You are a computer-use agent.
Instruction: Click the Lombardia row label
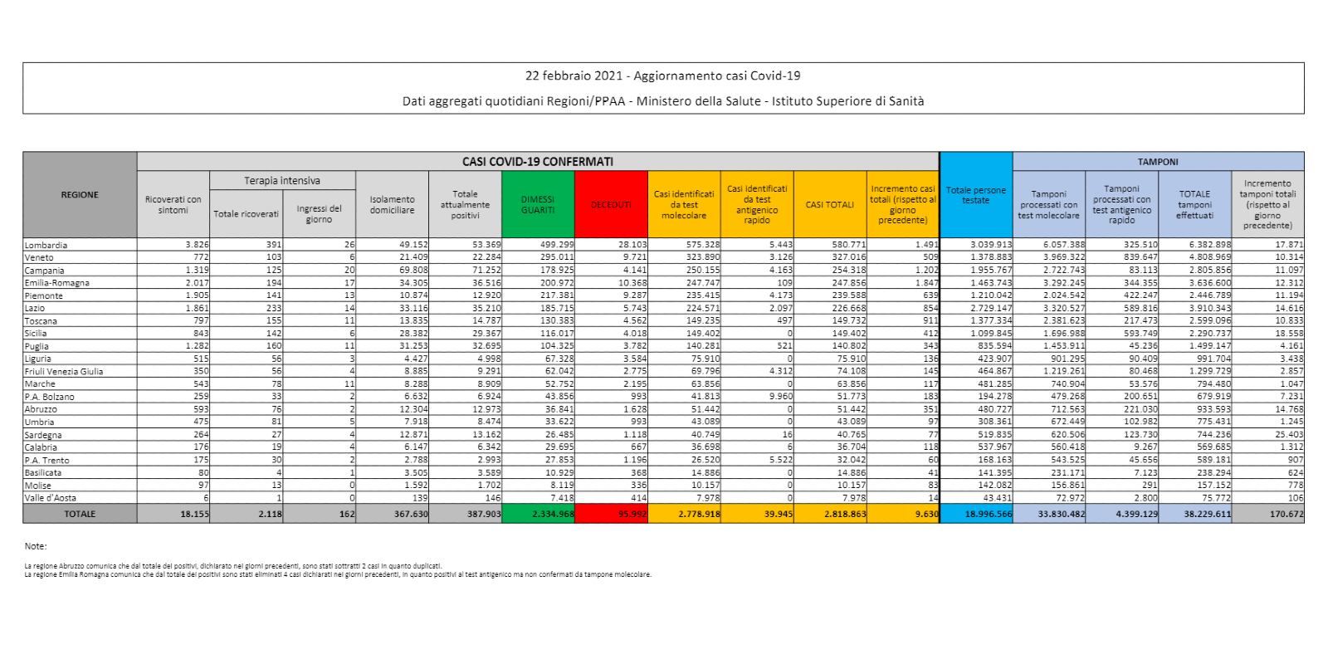click(x=46, y=245)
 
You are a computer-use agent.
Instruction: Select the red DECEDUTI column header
click(x=611, y=205)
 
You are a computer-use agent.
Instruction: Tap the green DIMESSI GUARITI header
click(x=538, y=205)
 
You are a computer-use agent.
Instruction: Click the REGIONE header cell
click(x=80, y=195)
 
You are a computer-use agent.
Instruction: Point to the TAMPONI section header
click(x=1158, y=162)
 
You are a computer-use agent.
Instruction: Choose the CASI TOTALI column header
click(x=829, y=205)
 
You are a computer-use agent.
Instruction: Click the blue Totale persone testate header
click(x=976, y=195)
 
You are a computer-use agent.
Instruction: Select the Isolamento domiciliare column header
click(x=392, y=205)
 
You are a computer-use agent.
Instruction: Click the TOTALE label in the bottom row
click(x=80, y=515)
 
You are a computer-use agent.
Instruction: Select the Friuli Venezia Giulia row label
click(x=65, y=371)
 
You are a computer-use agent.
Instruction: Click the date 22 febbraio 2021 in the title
click(x=573, y=76)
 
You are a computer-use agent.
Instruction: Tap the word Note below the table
click(x=35, y=546)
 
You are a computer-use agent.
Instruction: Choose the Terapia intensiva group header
click(x=282, y=180)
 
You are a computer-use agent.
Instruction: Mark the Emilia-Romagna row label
click(x=56, y=283)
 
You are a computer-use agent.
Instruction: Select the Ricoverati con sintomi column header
click(x=173, y=205)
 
